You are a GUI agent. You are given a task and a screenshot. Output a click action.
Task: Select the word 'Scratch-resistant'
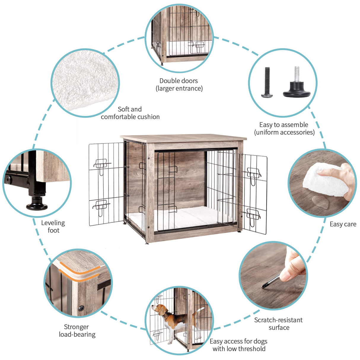tap(278, 320)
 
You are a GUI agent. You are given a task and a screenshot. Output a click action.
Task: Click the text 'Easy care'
tap(343, 224)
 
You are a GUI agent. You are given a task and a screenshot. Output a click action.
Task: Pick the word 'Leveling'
tap(53, 223)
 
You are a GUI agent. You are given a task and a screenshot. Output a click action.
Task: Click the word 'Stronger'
tap(76, 327)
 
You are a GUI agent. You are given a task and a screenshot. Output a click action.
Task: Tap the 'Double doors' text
tap(179, 81)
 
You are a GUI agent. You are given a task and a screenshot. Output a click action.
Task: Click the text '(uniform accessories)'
tap(284, 132)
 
